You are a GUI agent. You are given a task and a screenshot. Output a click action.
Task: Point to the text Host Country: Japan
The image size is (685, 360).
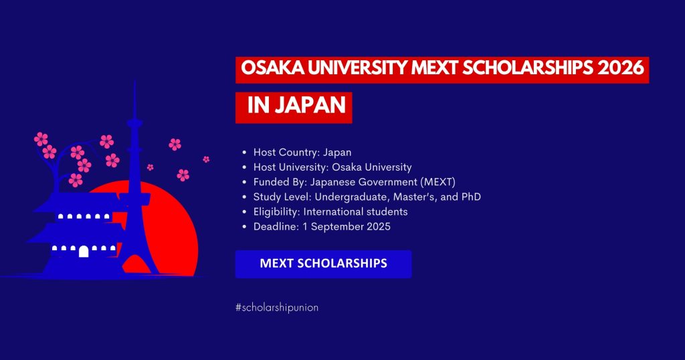(x=302, y=153)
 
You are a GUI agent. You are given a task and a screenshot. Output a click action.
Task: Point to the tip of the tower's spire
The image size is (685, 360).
(x=134, y=82)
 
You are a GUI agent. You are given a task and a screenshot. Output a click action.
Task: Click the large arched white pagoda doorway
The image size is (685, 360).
(x=84, y=252)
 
